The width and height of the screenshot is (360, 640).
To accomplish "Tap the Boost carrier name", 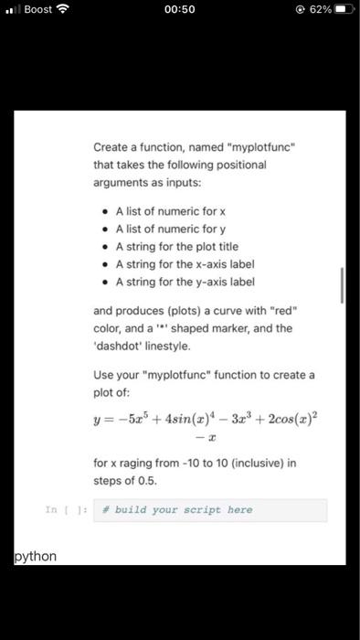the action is pos(37,9).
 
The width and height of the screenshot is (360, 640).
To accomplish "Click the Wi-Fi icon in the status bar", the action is pos(63,9).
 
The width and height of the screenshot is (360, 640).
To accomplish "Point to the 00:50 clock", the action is pos(180,9).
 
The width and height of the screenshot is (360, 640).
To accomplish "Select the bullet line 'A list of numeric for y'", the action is pos(164,229).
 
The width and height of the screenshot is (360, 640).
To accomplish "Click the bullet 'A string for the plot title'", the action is pos(176,246).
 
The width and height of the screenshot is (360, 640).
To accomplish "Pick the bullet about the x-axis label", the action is pos(184,263).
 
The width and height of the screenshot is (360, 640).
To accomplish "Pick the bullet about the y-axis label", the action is pos(184,281).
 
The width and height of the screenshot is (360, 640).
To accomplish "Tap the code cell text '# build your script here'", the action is pos(183,509).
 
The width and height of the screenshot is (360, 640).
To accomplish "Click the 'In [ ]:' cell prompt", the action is pos(60,509).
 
